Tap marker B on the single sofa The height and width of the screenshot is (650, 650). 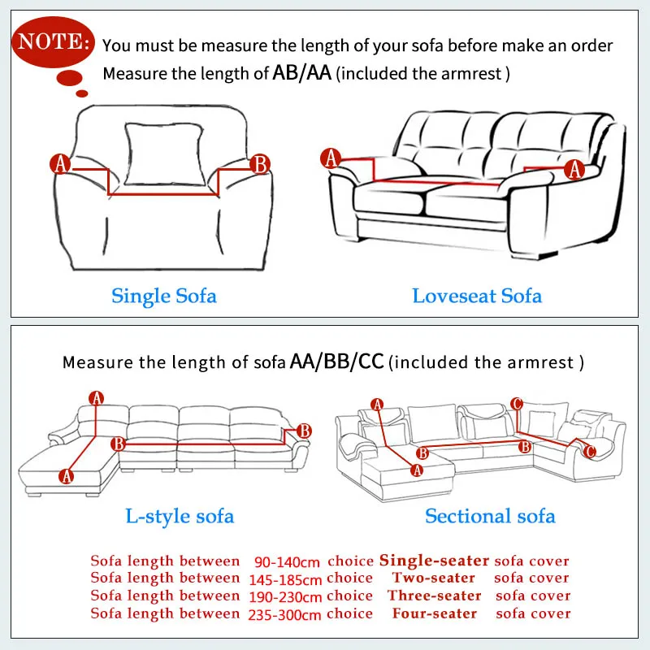tap(260, 164)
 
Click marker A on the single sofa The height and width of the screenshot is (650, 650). tap(60, 164)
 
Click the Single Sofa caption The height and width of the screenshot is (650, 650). tap(164, 295)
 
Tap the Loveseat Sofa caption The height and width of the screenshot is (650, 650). tap(477, 295)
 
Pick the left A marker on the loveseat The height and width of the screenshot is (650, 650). tap(331, 158)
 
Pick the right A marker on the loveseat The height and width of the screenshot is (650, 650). tap(574, 170)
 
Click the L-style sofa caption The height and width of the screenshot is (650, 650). tap(180, 515)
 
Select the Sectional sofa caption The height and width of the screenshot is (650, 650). tap(490, 515)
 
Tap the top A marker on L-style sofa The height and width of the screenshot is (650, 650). tap(97, 398)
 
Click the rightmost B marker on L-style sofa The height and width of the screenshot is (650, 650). tap(304, 431)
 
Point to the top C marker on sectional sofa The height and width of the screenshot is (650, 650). tap(517, 404)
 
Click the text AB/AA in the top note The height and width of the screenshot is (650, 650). tap(304, 73)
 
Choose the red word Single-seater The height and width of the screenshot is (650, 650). tap(435, 561)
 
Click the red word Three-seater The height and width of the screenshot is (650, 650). tap(435, 596)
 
